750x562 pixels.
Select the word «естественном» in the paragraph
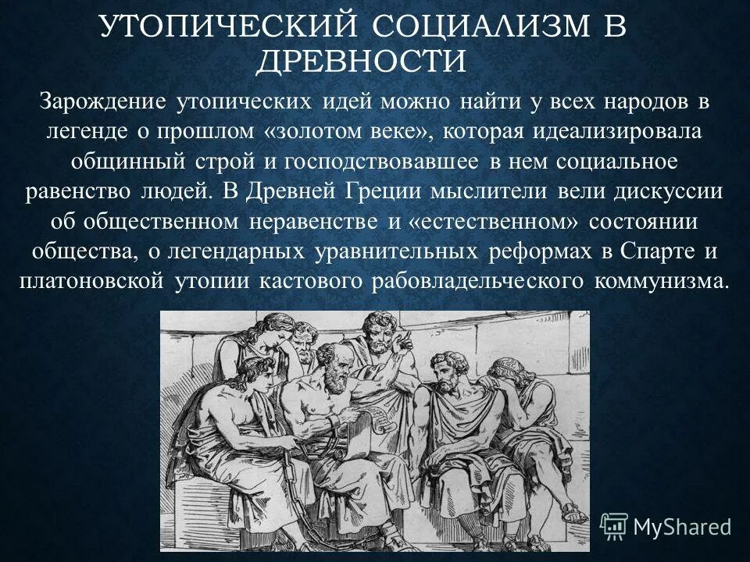tap(492, 221)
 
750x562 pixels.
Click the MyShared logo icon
tap(613, 525)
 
